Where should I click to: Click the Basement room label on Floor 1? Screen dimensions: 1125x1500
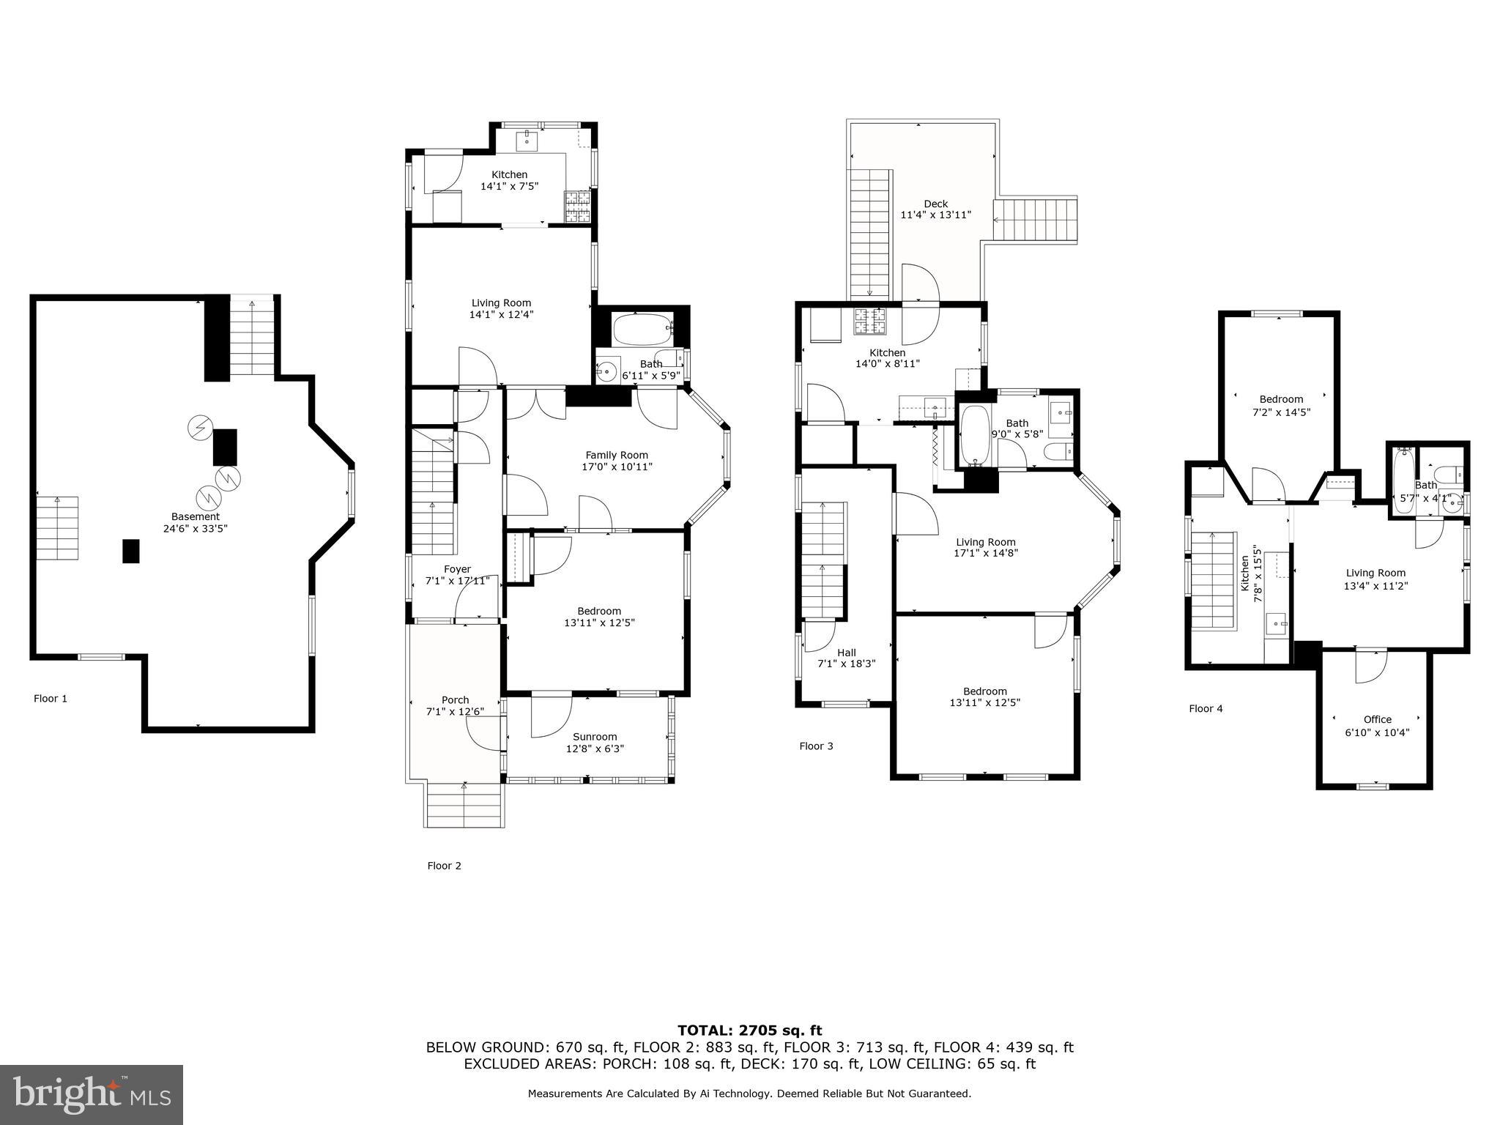coord(196,516)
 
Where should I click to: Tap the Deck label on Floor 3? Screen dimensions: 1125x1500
coord(935,204)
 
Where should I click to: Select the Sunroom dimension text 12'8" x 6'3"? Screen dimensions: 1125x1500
coord(595,749)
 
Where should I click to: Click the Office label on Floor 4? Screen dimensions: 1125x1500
coord(1377,719)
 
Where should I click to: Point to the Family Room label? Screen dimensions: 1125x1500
coord(617,455)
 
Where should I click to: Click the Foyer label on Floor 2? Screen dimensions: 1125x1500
coord(457,569)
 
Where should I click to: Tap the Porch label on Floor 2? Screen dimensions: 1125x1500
coord(455,699)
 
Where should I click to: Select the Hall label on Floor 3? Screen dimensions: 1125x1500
coord(846,653)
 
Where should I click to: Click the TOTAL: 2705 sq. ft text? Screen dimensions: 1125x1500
coord(749,1031)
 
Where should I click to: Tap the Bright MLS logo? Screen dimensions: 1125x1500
coord(92,1095)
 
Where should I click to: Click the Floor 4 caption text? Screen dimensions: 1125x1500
coord(1206,708)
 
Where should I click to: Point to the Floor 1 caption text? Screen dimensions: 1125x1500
coord(51,698)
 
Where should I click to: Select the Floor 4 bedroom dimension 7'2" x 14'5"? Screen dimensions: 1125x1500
coord(1281,412)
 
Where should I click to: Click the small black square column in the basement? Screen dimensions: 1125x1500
coord(130,551)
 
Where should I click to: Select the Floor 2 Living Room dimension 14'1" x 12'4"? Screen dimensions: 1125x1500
coord(501,315)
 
